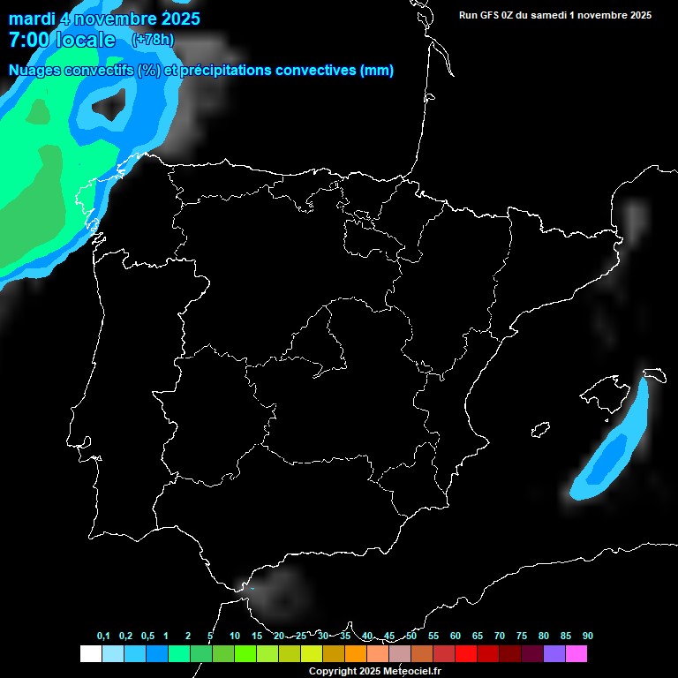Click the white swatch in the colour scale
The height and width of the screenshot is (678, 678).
[x=90, y=653]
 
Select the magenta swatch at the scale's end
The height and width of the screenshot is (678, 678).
[x=576, y=653]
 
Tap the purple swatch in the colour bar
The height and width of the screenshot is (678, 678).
[x=554, y=653]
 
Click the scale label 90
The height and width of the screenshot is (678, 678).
[x=587, y=637]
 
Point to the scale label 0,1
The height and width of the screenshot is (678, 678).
[x=103, y=637]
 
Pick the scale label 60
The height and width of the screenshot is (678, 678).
[x=455, y=637]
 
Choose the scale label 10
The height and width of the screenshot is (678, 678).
[x=234, y=637]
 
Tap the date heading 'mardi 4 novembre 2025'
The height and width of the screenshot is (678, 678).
[x=104, y=18]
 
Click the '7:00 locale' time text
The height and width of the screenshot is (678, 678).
[x=62, y=40]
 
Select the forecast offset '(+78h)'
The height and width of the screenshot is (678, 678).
[x=153, y=40]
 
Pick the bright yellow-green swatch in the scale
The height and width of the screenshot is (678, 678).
[x=311, y=653]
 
